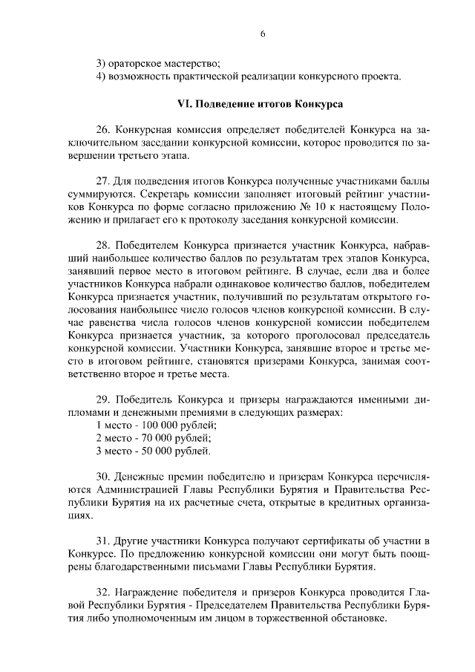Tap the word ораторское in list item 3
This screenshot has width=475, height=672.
[136, 62]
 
